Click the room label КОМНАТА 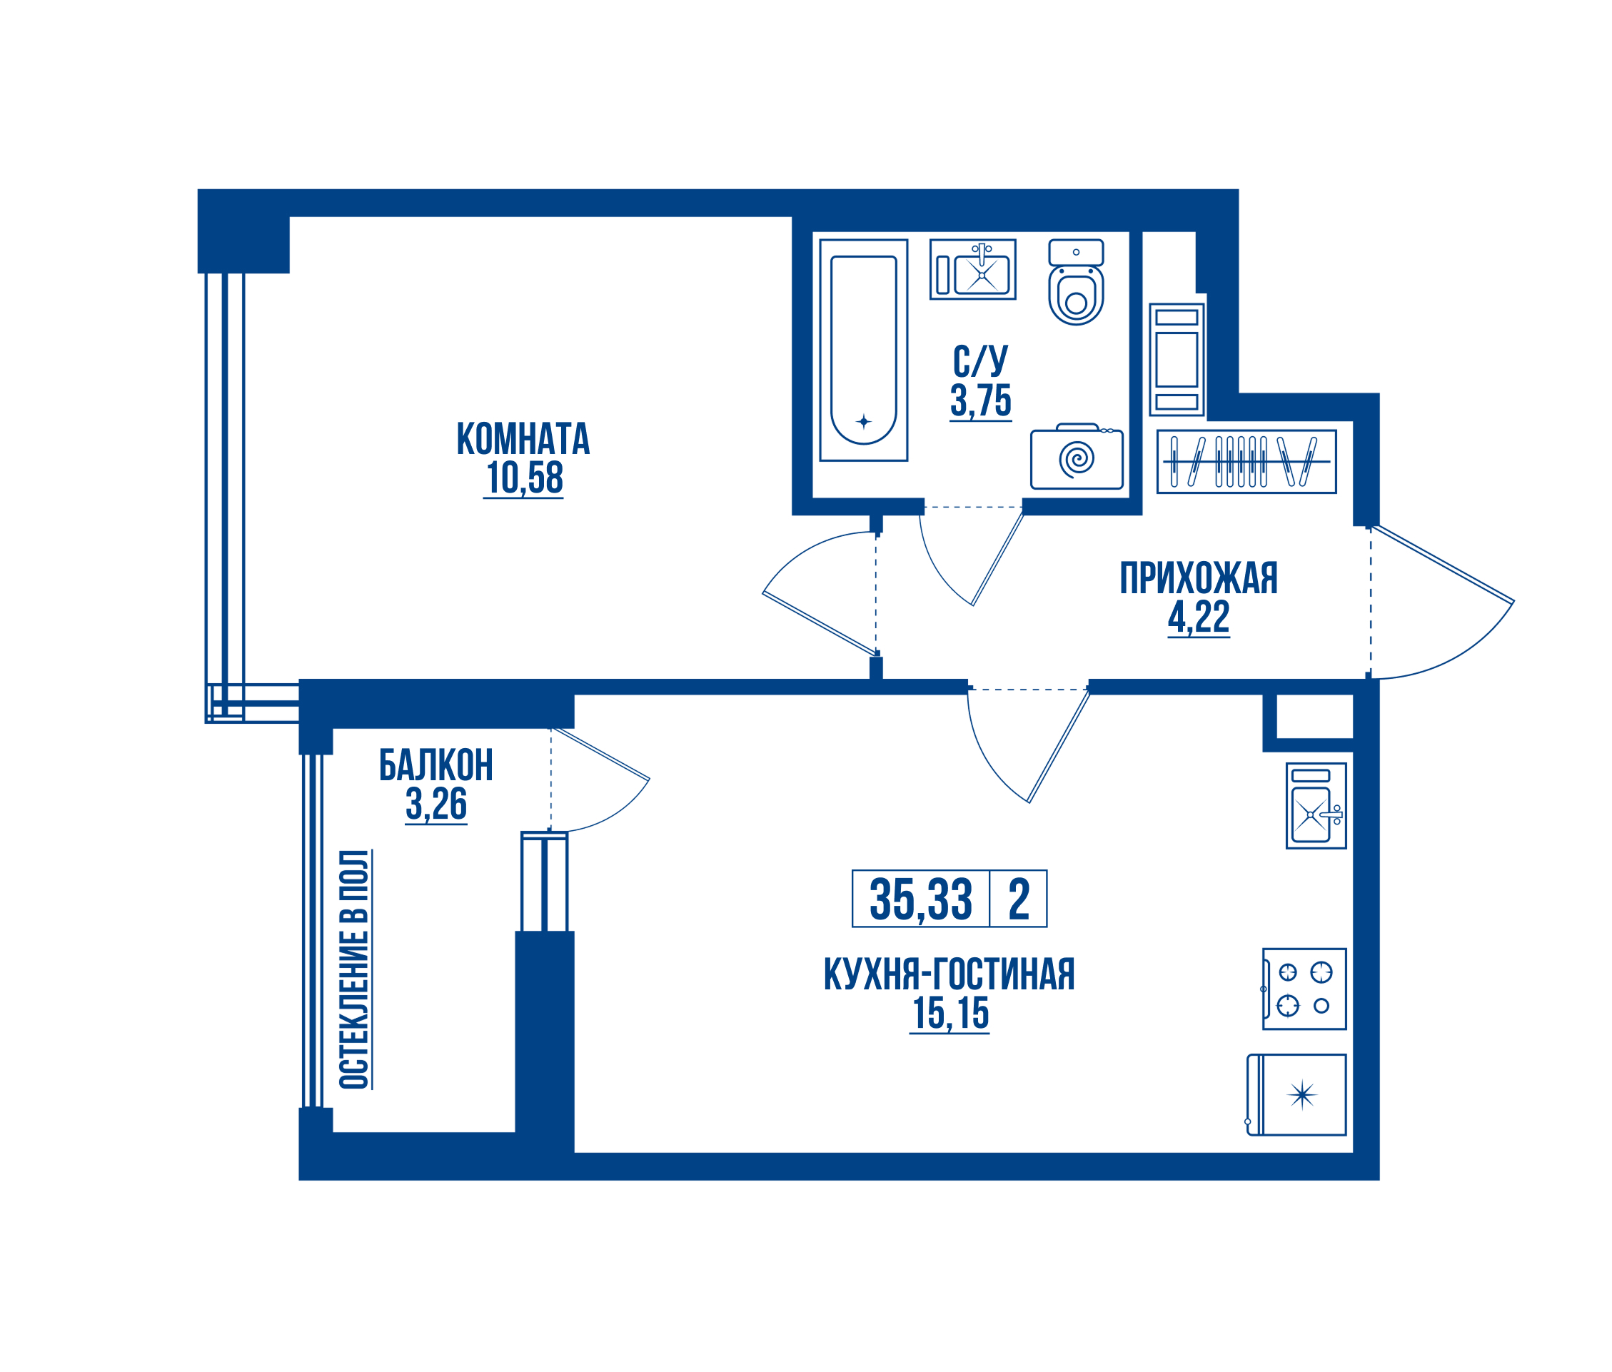pos(523,439)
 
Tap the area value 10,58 pos(523,478)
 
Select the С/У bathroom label pos(980,361)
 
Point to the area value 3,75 pos(980,400)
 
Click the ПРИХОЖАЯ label pos(1198,578)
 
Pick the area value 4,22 pos(1198,617)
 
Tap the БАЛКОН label pos(435,765)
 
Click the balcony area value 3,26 pos(435,804)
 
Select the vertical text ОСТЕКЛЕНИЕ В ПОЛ pos(354,969)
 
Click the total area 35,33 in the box pos(921,899)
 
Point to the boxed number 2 pos(1019,899)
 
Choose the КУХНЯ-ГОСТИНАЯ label pos(949,974)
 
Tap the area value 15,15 pos(950,1014)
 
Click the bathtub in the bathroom pos(864,350)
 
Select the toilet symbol pos(1076,281)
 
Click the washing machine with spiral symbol pos(1077,457)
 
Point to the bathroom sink pos(972,270)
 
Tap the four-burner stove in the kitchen pos(1304,989)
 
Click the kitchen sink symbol pos(1316,806)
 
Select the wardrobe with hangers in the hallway pos(1246,462)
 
